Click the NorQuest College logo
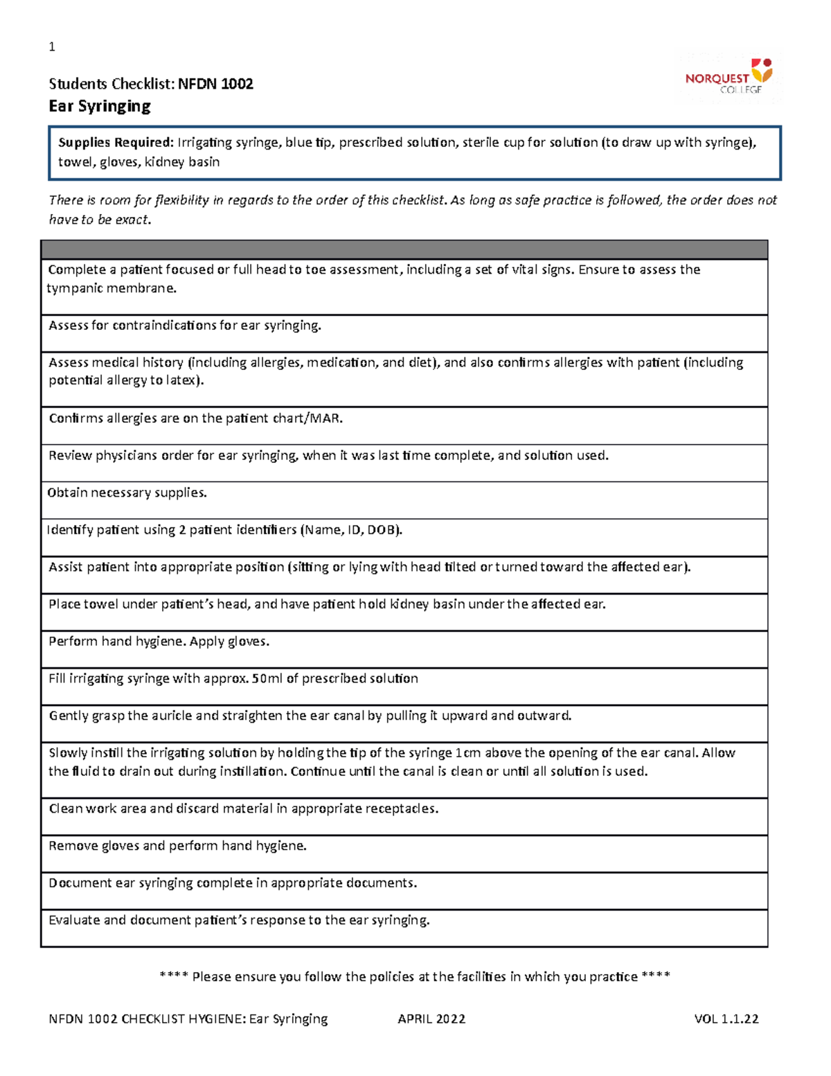click(729, 77)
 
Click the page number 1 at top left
click(52, 47)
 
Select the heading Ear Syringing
click(100, 106)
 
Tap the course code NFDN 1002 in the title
click(215, 84)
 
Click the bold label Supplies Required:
click(116, 143)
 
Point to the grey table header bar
click(404, 249)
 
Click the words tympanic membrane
click(111, 288)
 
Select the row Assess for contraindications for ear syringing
click(185, 326)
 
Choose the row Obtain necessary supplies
click(127, 493)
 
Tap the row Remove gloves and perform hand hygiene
click(177, 846)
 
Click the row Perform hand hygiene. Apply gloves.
click(159, 642)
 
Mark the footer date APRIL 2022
click(431, 1018)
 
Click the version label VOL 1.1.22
click(726, 1018)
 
